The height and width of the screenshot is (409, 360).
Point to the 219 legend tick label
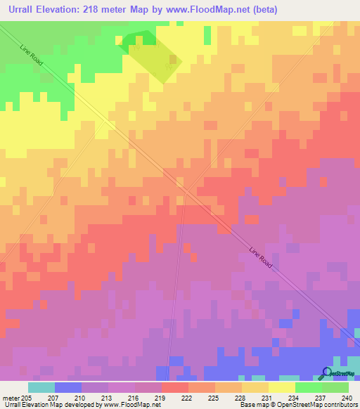click(160, 398)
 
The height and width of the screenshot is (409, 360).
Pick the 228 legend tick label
click(241, 398)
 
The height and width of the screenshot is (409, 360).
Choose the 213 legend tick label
click(108, 398)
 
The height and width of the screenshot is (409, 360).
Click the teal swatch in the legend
click(41, 387)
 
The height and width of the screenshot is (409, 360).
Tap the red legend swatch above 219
click(174, 387)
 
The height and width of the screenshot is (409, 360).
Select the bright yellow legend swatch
click(282, 387)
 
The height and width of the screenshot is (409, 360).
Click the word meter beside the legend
click(11, 398)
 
